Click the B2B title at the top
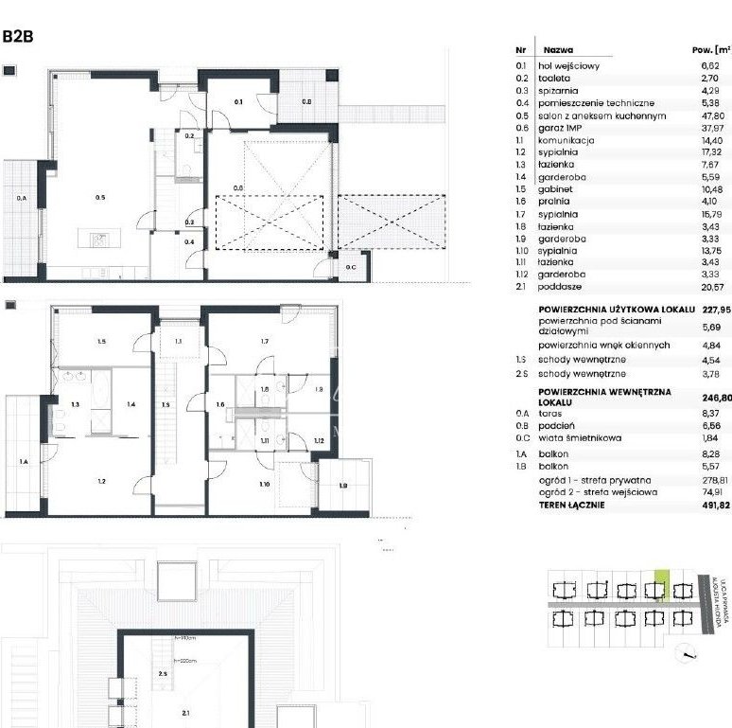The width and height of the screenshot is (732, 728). [x=20, y=37]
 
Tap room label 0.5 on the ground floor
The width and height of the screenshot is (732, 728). [x=99, y=198]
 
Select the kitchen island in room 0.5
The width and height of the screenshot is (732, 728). [x=100, y=240]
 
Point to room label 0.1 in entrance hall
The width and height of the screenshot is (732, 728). [x=239, y=101]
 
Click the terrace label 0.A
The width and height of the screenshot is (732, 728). [x=21, y=198]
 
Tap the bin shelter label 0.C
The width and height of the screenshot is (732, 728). [x=351, y=267]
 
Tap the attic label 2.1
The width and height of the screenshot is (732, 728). [x=184, y=715]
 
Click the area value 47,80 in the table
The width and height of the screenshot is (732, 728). [x=708, y=116]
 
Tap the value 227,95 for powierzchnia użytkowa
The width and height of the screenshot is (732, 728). [x=711, y=310]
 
